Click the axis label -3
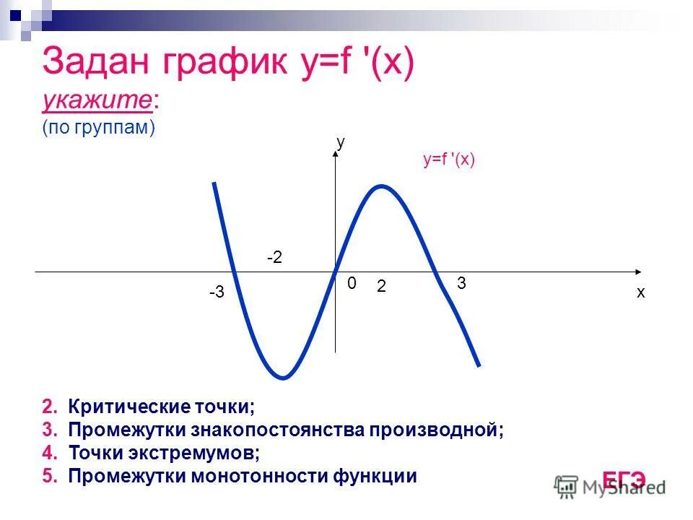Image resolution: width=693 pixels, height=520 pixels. point(217,293)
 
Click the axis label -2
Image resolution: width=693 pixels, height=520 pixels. point(274,258)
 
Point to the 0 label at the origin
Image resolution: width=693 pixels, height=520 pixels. point(352,285)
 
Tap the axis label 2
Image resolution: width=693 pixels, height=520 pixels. point(381,287)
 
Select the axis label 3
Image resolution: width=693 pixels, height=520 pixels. point(461,284)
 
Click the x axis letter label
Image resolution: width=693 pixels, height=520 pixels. point(640,293)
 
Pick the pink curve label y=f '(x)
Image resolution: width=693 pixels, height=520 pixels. point(449,160)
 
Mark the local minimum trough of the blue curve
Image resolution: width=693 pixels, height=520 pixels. point(284,378)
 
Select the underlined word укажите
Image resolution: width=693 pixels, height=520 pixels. point(97,102)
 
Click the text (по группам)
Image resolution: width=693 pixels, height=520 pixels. point(99,128)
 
